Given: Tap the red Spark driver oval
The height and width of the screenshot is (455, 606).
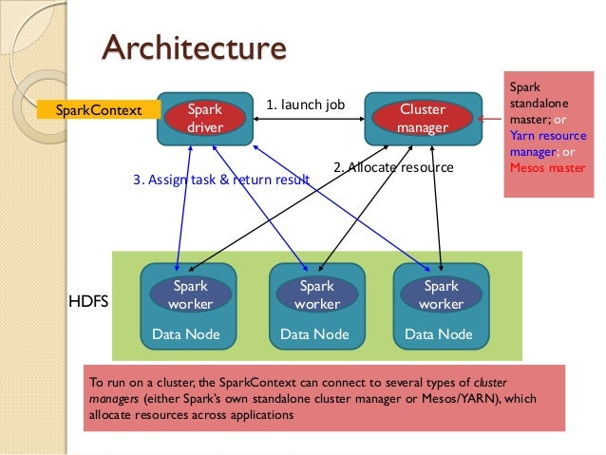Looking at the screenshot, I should (204, 118).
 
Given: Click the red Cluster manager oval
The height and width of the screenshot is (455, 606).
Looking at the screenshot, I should (422, 118).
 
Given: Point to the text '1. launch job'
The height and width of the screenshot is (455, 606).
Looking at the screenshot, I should (305, 104).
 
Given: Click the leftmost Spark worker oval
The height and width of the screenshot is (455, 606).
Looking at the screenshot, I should (190, 294).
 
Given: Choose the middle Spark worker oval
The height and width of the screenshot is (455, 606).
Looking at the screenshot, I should (317, 294).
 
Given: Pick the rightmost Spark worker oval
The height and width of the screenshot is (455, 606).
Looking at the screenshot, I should (441, 294).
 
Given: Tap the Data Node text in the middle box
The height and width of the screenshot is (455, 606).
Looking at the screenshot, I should (314, 334).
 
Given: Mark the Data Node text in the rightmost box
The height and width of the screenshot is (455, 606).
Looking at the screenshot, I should (438, 334).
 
